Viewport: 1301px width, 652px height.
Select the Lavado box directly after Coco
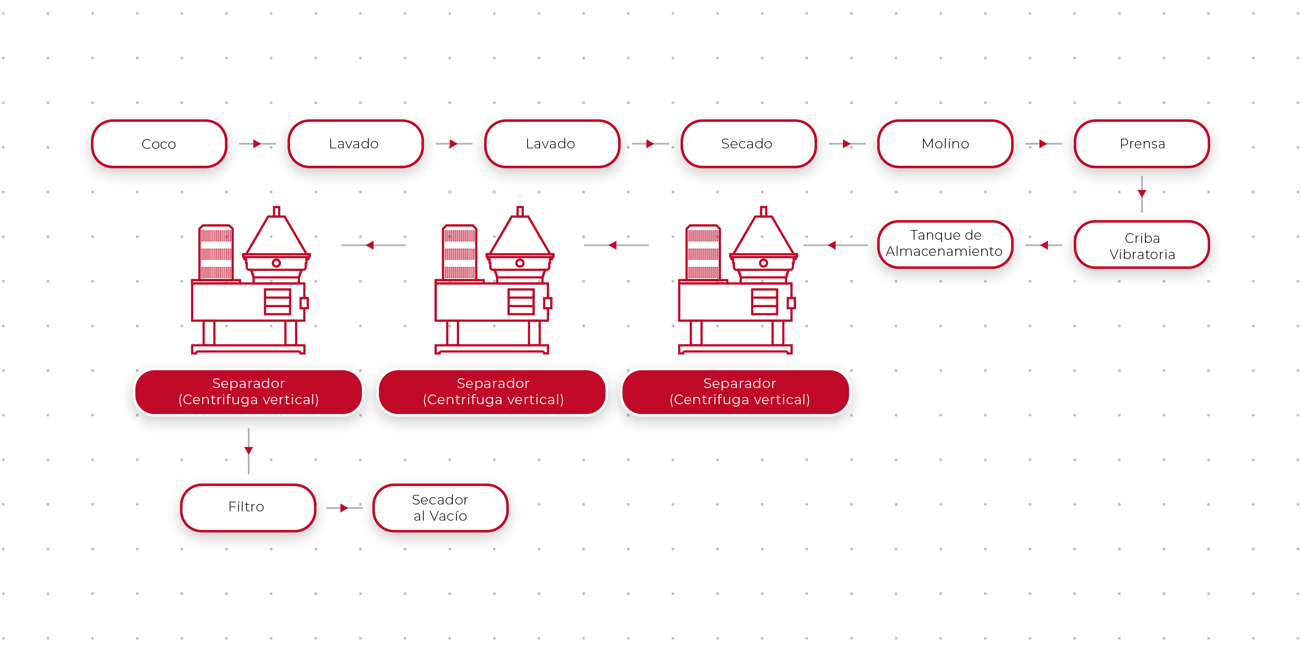[355, 144]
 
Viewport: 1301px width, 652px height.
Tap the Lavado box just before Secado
[551, 144]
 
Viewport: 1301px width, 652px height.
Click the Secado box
[748, 144]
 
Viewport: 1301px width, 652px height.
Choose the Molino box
[945, 144]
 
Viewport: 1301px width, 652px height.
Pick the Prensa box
[1142, 144]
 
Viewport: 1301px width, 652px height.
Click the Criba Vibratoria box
[1142, 245]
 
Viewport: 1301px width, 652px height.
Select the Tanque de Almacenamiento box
[944, 243]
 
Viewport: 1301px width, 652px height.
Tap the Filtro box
[247, 507]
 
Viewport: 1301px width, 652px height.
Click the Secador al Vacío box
[440, 508]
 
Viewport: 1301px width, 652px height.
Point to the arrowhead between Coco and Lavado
[257, 144]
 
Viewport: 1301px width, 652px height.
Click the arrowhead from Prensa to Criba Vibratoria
[1142, 194]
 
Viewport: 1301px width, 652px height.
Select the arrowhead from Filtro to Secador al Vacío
[344, 508]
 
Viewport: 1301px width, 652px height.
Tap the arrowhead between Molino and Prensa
[1043, 144]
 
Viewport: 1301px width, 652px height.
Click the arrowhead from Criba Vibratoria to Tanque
[1044, 245]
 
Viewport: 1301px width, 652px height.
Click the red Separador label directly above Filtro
[249, 391]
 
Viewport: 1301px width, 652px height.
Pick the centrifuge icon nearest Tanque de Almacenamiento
[737, 280]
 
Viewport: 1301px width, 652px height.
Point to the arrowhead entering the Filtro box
[249, 450]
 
